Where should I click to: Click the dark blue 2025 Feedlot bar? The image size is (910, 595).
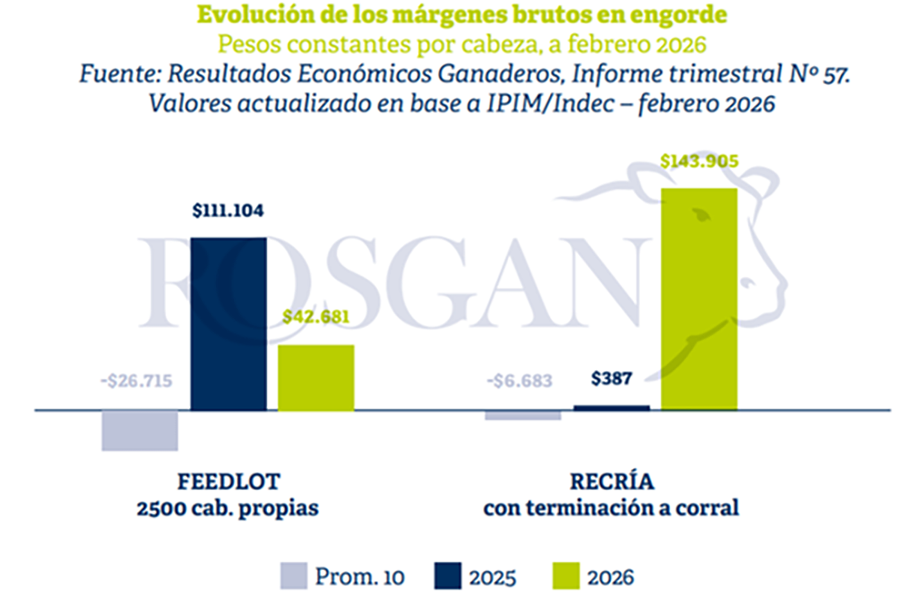tap(228, 324)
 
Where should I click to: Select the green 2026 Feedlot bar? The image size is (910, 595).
tap(316, 377)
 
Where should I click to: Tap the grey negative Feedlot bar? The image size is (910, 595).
tap(140, 430)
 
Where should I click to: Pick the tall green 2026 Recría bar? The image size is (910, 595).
tap(699, 299)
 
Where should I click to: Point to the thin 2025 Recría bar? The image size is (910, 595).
tap(611, 408)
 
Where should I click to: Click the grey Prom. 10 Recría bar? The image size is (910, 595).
tap(523, 415)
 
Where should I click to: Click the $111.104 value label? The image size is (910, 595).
tap(228, 211)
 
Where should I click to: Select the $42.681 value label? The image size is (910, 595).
tap(316, 317)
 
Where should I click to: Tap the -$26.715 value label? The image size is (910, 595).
tap(136, 381)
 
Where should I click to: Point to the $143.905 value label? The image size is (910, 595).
tap(699, 161)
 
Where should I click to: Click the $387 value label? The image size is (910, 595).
tap(611, 378)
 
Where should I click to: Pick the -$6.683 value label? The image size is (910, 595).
tap(520, 381)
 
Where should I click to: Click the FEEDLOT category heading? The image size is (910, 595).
tap(228, 482)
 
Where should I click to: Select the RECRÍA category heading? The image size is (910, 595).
tap(611, 482)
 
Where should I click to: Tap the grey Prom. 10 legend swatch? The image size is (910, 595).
tap(293, 576)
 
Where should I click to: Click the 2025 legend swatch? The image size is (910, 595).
tap(447, 576)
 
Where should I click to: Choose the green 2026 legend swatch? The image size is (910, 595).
tap(566, 576)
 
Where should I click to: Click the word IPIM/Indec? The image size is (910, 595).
tap(550, 104)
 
